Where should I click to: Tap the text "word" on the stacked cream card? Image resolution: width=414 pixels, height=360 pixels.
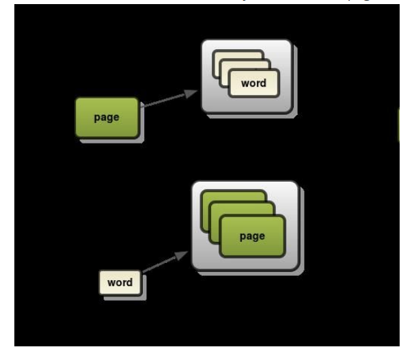tap(253, 83)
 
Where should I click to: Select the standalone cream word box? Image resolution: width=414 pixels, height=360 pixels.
tap(120, 283)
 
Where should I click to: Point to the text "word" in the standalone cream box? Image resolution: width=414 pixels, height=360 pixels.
tap(120, 283)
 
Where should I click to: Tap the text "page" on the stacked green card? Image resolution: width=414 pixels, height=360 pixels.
tap(251, 236)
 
